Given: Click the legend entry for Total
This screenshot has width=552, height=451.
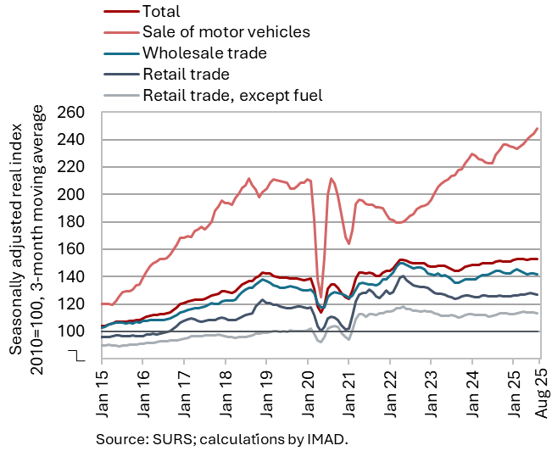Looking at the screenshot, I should click(x=162, y=12).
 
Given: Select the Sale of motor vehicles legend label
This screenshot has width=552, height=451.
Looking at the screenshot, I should click(x=226, y=32).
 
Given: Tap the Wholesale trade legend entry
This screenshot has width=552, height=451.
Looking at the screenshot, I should click(x=204, y=53).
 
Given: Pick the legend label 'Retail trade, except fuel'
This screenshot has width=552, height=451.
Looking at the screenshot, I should click(x=233, y=94).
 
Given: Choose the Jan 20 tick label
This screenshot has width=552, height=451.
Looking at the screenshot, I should click(x=306, y=392).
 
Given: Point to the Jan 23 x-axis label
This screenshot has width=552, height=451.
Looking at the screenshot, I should click(x=430, y=392).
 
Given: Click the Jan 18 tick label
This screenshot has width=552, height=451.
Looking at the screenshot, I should click(x=225, y=392).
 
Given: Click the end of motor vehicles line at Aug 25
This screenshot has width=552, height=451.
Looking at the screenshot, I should click(x=538, y=129).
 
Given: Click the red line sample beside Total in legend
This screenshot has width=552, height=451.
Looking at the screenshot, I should click(x=120, y=12).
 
